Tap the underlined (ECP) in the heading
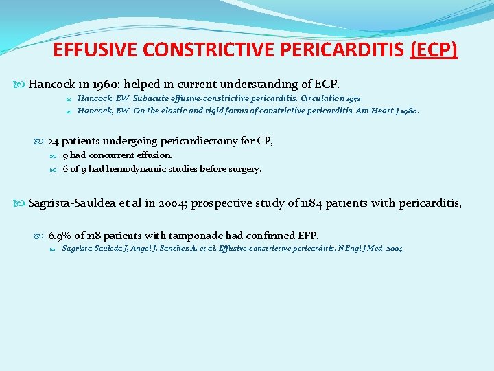pyautogui.click(x=434, y=51)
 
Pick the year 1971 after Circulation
pyautogui.click(x=351, y=99)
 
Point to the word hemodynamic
pyautogui.click(x=130, y=168)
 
